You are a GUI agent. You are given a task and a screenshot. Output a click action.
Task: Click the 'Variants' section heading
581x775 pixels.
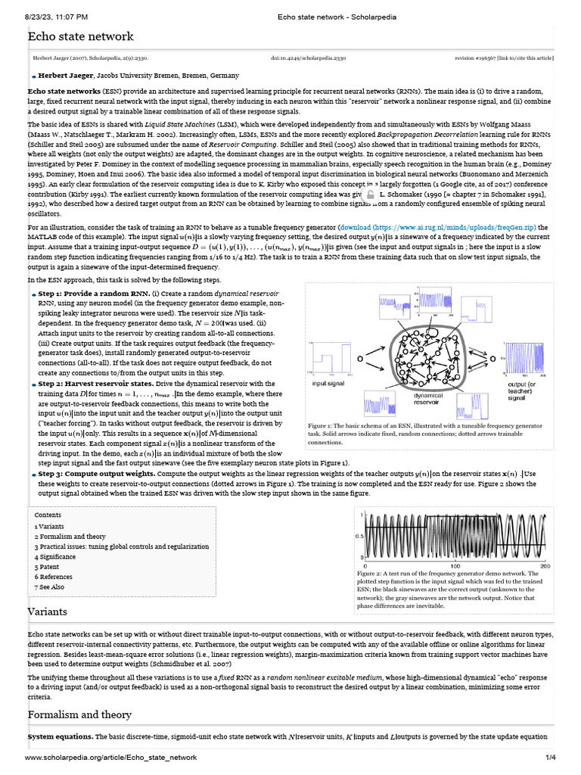(48, 612)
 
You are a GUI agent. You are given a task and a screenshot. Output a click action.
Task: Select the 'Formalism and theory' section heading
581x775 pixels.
(79, 714)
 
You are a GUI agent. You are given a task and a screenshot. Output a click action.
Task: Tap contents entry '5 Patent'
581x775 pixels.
(47, 566)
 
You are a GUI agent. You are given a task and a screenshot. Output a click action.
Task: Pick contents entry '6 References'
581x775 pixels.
(54, 577)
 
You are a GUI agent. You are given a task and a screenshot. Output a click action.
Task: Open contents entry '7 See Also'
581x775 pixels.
(49, 587)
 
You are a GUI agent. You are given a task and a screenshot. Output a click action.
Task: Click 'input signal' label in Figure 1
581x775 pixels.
(328, 384)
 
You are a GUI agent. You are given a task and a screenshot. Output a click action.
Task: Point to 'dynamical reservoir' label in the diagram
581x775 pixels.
(428, 399)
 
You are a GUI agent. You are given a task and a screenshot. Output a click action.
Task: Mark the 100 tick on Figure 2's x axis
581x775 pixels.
(455, 566)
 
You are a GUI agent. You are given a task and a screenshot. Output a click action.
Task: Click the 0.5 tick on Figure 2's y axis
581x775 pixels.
(359, 537)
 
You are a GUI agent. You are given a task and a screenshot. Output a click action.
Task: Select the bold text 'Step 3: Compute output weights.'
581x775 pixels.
(96, 474)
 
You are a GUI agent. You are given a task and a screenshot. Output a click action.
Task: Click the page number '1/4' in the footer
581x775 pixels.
(549, 758)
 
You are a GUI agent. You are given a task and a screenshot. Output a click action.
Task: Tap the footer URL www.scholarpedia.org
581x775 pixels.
(110, 758)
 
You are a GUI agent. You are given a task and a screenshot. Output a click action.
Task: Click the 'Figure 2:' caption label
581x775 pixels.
(371, 574)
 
